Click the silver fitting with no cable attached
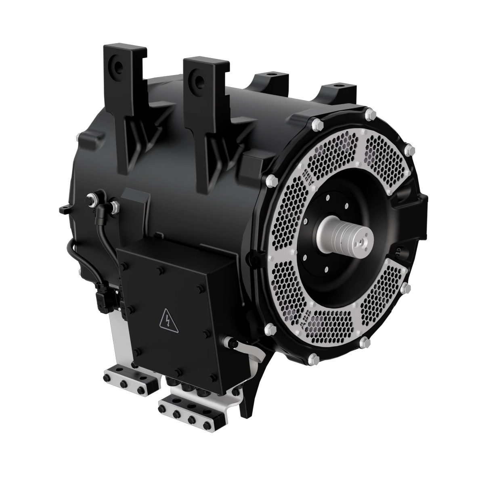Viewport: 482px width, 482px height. point(115,205)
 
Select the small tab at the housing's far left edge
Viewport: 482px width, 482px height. point(63,209)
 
